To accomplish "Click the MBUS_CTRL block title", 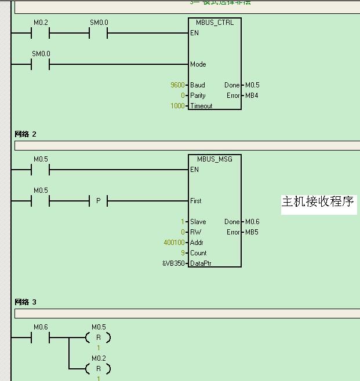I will tap(214, 23).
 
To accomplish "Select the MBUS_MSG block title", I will tap(214, 159).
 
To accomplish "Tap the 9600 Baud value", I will tap(177, 85).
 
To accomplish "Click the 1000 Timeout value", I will tap(177, 106).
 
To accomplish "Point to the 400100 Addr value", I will tap(174, 243).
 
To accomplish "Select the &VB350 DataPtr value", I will tap(173, 263).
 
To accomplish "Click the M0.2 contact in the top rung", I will tap(41, 34).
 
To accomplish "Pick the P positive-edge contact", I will tap(99, 201).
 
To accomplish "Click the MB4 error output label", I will tap(252, 96).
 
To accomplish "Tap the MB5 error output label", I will tap(252, 232).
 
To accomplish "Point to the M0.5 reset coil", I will tap(99, 338).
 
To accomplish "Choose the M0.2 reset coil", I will tap(99, 368).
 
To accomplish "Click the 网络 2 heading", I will tap(26, 134).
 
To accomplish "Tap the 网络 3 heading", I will tap(26, 302).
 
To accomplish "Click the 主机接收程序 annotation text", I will tap(318, 202).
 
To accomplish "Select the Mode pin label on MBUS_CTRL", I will tap(198, 64).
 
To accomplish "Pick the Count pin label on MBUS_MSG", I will tap(199, 253).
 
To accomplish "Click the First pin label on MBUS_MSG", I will tap(196, 201).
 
